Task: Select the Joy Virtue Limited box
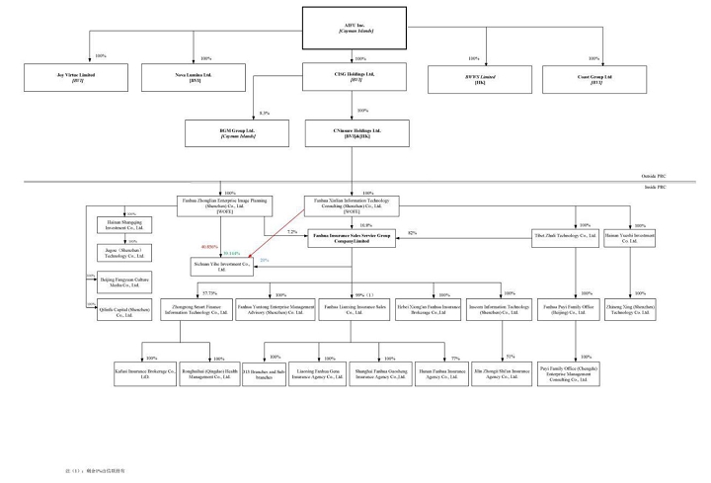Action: click(72, 77)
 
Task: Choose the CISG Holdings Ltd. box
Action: click(354, 77)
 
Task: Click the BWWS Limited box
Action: click(478, 77)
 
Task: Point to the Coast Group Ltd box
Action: click(595, 77)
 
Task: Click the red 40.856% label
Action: click(209, 246)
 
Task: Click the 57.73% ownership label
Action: click(209, 293)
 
